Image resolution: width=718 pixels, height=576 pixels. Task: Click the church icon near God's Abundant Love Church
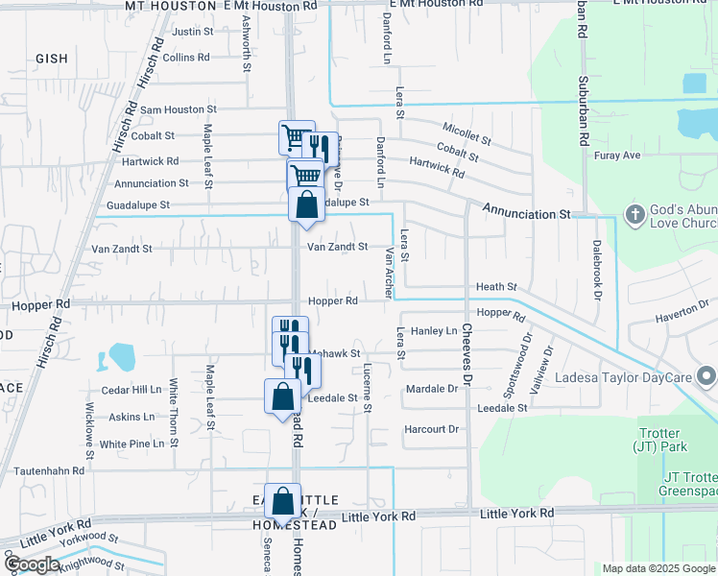pos(634,214)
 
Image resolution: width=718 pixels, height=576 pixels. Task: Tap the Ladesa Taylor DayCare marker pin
pos(708,374)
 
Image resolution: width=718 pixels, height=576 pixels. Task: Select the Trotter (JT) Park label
pos(658,440)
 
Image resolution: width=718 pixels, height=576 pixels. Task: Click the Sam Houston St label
pos(178,110)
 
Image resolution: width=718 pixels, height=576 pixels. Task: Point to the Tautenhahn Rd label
pos(49,471)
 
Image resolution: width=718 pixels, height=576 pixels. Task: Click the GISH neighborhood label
pos(52,59)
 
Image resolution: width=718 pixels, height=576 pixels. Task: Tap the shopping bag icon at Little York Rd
pos(283,501)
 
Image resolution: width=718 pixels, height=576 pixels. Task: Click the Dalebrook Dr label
pos(596,267)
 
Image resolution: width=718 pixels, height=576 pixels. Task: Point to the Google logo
pos(32,564)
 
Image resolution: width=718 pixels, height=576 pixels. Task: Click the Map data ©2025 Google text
pos(658,568)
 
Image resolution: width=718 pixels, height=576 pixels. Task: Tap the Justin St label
pos(192,32)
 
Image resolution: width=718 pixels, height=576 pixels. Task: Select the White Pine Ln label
pos(132,444)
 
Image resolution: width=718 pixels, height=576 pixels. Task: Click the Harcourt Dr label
pos(431,429)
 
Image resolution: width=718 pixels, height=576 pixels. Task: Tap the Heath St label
pos(496,287)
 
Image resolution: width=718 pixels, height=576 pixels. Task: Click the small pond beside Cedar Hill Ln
pos(122,357)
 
